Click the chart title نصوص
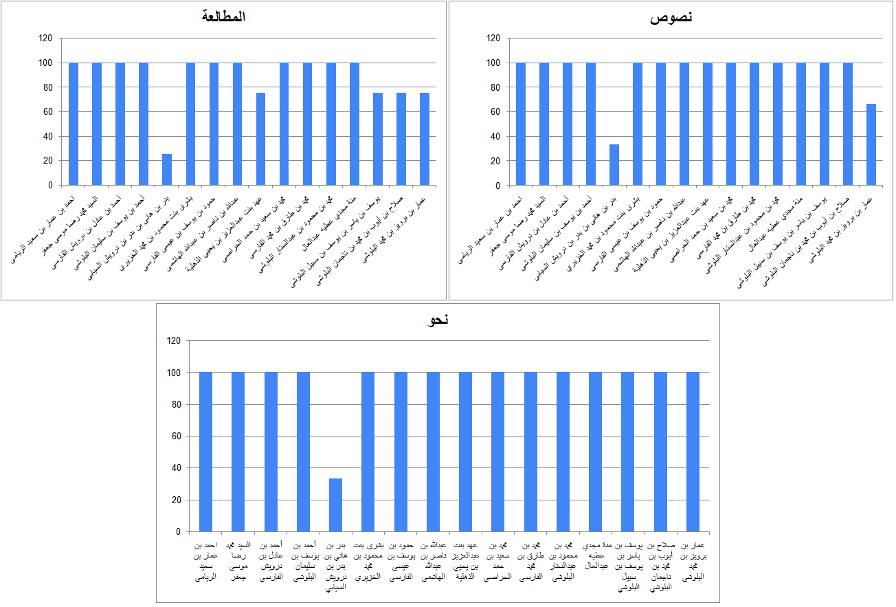671,17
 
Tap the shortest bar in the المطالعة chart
167,170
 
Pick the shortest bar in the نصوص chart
614,165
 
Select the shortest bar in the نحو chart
335,505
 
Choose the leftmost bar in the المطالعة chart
74,124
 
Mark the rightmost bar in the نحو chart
693,452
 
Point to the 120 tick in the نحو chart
173,340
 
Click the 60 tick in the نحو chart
175,436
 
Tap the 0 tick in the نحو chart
177,531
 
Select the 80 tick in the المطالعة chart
47,87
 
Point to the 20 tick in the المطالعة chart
47,161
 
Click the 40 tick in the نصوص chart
494,136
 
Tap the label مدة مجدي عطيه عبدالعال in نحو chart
595,555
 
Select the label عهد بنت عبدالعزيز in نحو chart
465,561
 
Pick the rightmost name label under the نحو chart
693,561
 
